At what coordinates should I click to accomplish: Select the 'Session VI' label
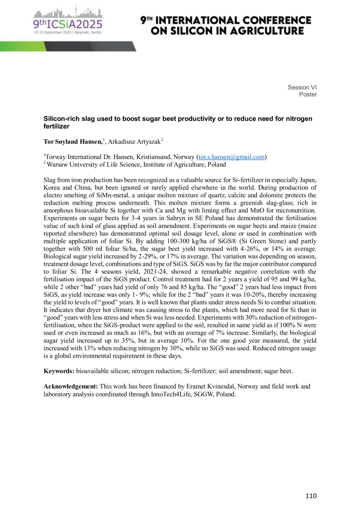pos(302,87)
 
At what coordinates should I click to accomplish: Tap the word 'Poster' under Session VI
pos(307,94)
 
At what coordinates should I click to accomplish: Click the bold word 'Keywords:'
pos(60,371)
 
